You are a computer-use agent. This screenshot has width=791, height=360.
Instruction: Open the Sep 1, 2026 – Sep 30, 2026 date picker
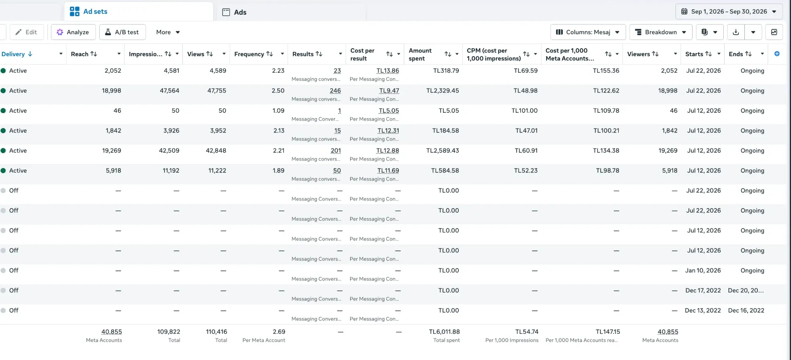[x=729, y=11]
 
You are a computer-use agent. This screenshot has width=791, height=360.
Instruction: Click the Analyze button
[x=73, y=32]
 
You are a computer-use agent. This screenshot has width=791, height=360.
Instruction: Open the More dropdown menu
[x=168, y=32]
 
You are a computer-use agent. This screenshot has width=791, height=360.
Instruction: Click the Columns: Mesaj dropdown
[x=588, y=32]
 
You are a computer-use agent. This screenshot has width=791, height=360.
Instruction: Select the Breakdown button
[x=660, y=32]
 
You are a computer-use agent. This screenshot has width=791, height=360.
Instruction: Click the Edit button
[x=26, y=32]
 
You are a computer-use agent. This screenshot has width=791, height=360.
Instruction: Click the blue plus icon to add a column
[x=777, y=54]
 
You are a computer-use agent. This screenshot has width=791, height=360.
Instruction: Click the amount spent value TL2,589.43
[x=443, y=151]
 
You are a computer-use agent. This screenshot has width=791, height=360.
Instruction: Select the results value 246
[x=335, y=91]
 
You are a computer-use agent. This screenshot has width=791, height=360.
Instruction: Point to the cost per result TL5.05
[x=389, y=111]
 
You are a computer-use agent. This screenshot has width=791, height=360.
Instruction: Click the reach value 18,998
[x=112, y=91]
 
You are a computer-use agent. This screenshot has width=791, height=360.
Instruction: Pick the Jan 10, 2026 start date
[x=703, y=271]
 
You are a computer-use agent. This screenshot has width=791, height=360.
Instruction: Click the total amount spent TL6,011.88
[x=445, y=332]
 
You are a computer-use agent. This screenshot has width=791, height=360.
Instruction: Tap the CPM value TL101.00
[x=524, y=111]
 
